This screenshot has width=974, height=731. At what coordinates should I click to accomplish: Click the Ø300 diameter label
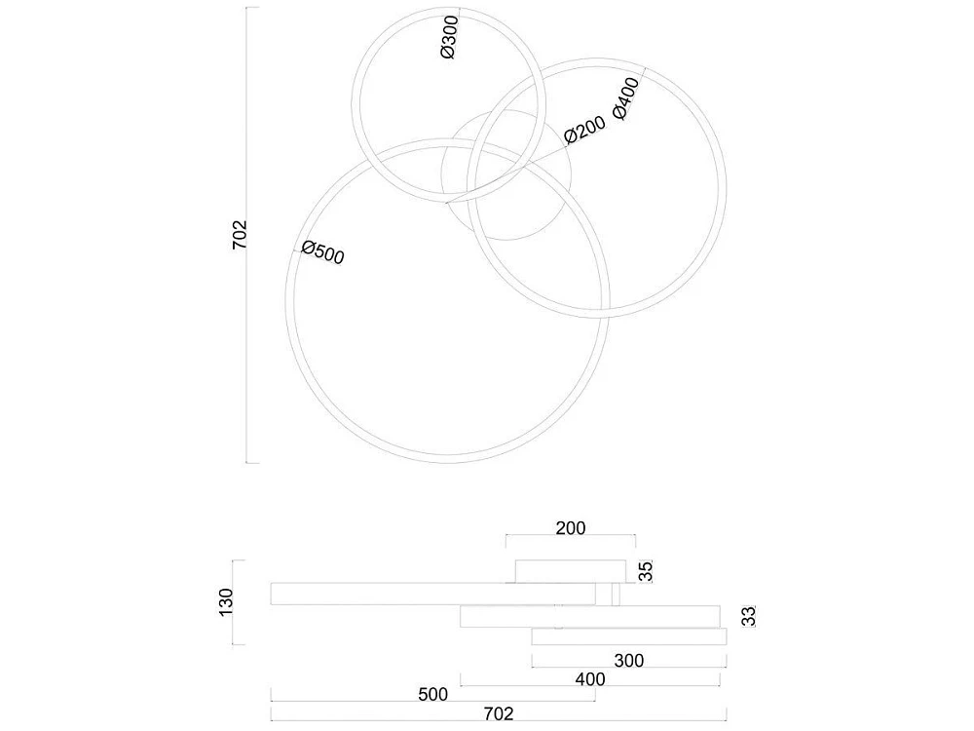pos(449,37)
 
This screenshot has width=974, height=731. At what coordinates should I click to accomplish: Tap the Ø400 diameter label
pos(625,98)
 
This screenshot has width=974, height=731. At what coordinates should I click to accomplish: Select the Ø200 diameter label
pos(584,130)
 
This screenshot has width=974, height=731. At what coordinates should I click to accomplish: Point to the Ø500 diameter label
pos(323,252)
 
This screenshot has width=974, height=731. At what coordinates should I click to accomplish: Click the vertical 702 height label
pos(240,235)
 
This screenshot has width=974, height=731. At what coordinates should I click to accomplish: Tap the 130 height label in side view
pos(226,601)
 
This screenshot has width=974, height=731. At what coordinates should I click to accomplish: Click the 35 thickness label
pos(647,571)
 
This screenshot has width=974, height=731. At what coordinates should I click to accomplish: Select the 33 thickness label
pos(750,616)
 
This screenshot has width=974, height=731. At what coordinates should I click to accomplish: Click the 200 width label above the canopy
pos(570,527)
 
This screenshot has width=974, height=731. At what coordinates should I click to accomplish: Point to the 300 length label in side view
pos(628,660)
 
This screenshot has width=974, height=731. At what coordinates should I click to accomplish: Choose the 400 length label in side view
pos(589,678)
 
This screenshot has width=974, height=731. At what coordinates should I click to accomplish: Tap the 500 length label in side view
pos(433,694)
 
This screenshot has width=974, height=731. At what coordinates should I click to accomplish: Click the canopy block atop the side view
pos(571,571)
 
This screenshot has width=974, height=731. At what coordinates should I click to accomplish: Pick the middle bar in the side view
pos(590,617)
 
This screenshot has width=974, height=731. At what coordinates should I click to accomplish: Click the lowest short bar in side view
pos(629,636)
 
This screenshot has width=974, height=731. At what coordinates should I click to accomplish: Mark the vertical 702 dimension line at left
pos(247,235)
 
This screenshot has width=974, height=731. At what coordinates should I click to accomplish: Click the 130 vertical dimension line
pos(233,602)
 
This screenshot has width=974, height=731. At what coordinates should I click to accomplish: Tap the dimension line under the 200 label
pos(570,534)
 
